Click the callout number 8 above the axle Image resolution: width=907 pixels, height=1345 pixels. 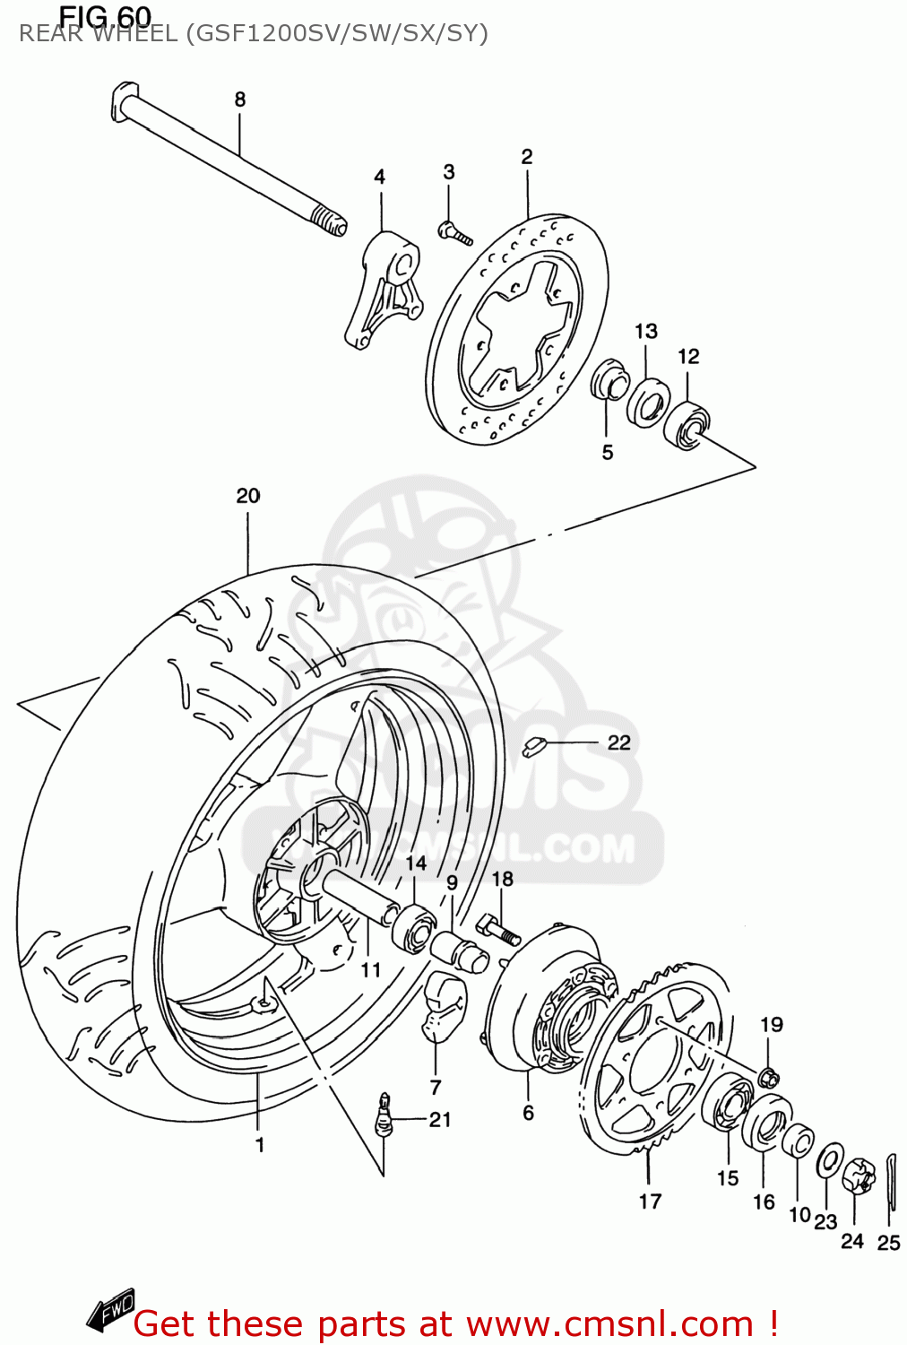[239, 100]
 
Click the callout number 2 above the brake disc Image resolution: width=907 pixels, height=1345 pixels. [527, 157]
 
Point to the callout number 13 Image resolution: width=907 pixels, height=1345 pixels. [646, 332]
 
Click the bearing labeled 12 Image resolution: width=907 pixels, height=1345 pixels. [687, 425]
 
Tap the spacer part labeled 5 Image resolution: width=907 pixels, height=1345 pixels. [609, 380]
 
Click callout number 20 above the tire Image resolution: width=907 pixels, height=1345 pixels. [248, 496]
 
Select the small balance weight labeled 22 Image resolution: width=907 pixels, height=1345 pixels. [534, 745]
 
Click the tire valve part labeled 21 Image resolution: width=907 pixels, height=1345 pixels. [384, 1116]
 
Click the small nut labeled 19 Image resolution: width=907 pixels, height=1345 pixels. [769, 1076]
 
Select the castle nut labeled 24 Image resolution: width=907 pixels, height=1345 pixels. [858, 1176]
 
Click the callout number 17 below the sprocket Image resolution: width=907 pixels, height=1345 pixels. [650, 1201]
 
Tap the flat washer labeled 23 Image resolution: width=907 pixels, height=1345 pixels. [830, 1162]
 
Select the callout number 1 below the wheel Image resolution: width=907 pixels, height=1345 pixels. [260, 1145]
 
